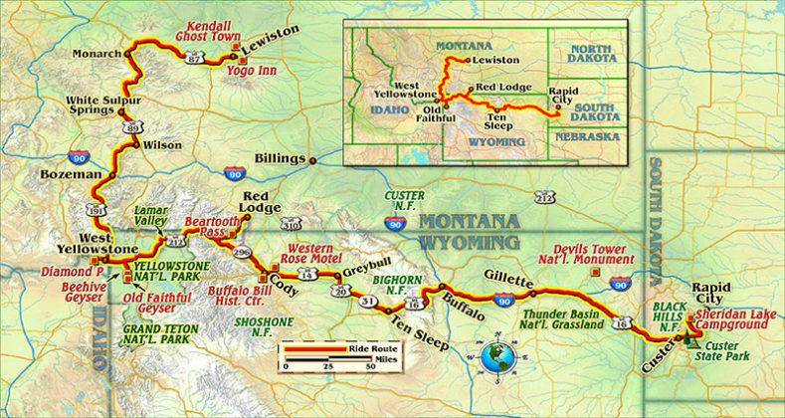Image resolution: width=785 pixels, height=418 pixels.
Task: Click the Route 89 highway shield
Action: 132,126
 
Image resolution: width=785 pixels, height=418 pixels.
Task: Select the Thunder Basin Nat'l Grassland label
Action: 564,318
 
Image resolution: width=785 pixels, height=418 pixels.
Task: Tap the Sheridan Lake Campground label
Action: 738,319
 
